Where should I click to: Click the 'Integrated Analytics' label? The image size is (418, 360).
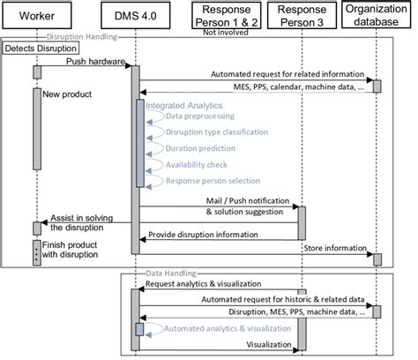(x=184, y=105)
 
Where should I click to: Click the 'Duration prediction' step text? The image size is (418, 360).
(x=201, y=148)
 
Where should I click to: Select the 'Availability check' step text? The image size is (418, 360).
(x=199, y=164)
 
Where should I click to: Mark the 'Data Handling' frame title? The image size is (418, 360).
(x=167, y=275)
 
